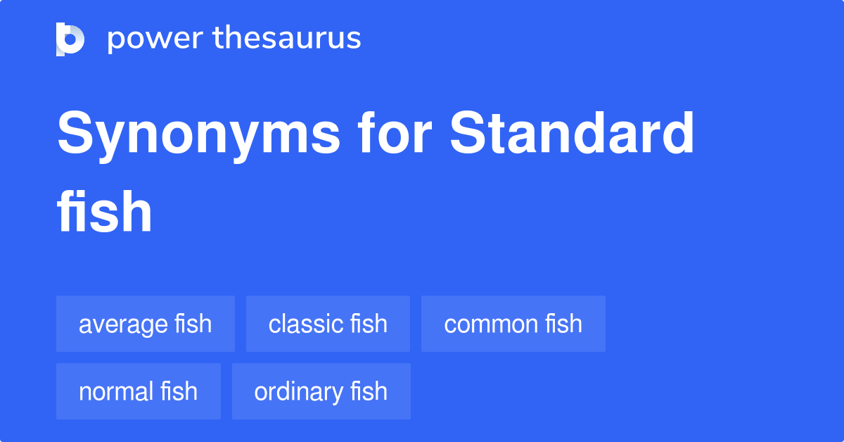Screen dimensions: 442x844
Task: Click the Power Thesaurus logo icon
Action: click(x=70, y=39)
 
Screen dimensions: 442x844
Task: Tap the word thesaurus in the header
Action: click(x=288, y=39)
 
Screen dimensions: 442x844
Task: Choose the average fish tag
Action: click(x=146, y=324)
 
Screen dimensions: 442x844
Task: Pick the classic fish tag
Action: click(x=328, y=324)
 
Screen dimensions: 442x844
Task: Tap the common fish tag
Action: click(x=513, y=324)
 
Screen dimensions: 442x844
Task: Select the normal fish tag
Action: click(x=139, y=391)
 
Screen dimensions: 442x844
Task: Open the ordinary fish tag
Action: click(x=321, y=391)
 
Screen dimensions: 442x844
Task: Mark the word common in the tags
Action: click(x=482, y=324)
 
